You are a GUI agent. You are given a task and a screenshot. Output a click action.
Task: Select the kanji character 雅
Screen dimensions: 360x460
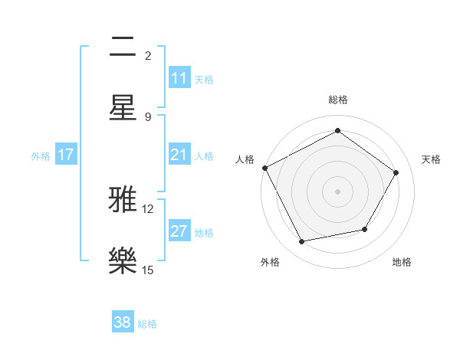[x=123, y=201]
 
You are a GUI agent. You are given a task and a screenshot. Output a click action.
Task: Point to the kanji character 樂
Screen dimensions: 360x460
[x=123, y=261]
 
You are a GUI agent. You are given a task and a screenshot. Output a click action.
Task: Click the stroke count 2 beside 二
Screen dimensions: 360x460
[x=148, y=56]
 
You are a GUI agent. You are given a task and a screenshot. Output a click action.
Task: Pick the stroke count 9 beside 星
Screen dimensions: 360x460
[x=148, y=116]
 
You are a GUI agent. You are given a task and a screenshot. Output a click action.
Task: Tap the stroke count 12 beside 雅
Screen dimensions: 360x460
[x=148, y=209]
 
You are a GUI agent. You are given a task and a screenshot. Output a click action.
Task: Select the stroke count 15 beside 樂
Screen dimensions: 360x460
[x=148, y=270]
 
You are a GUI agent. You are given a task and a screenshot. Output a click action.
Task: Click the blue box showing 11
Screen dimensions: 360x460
[x=179, y=78]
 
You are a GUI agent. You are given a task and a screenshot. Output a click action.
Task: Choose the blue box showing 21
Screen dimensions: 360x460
[x=179, y=155]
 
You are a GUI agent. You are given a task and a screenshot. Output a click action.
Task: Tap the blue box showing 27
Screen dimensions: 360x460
[x=179, y=232]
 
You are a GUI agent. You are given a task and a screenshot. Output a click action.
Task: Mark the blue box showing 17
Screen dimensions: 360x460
[x=66, y=155]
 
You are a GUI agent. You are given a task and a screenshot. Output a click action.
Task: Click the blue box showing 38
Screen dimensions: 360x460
[x=123, y=323]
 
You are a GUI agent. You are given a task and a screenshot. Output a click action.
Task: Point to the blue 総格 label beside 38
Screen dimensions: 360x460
[x=147, y=324]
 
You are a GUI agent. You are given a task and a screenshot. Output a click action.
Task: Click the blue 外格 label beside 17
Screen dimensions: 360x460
[x=41, y=156]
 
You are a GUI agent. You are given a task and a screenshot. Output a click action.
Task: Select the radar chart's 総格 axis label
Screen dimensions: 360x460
[x=337, y=100]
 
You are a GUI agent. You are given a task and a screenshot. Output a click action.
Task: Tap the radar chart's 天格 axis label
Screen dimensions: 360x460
[x=431, y=159]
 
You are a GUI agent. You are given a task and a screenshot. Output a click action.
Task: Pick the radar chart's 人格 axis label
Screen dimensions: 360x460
[x=245, y=159]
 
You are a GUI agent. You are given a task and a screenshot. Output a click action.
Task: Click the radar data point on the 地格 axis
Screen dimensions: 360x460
[x=365, y=229]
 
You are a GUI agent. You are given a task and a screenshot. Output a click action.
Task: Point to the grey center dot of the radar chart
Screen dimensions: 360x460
[x=337, y=191]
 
